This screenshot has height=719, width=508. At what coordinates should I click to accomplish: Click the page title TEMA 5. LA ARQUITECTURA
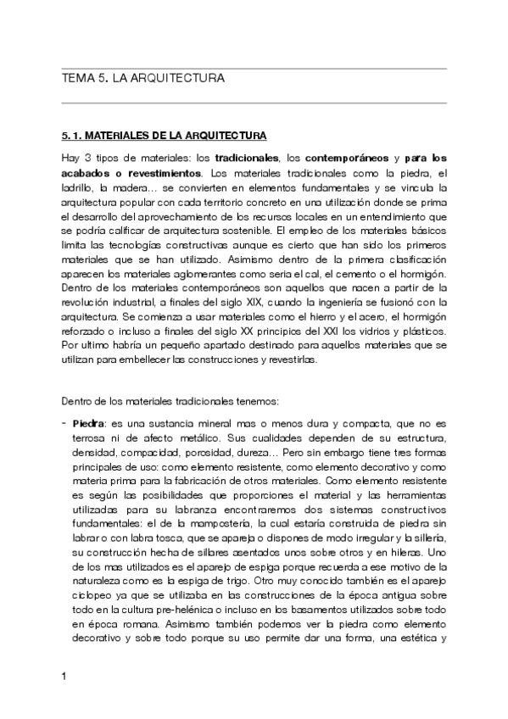[x=143, y=78]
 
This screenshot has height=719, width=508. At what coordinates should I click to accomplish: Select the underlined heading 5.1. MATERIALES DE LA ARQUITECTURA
[x=165, y=136]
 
